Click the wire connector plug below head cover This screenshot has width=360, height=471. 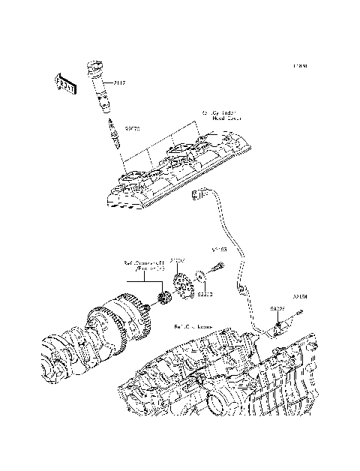(198, 196)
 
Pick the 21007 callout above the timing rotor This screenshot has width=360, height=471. (178, 261)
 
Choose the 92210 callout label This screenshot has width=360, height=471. (205, 294)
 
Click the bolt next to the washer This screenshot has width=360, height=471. (218, 266)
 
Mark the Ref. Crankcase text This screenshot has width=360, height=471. (193, 327)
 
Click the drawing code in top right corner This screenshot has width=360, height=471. (301, 66)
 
